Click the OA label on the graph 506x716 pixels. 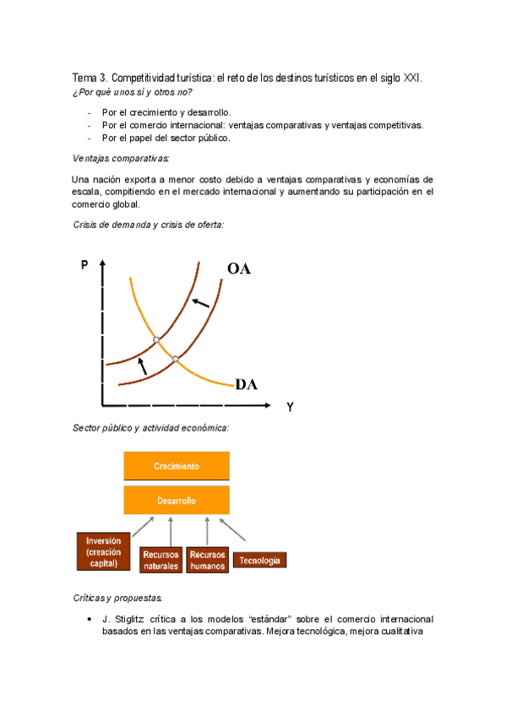point(245,269)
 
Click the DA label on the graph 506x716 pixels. point(247,385)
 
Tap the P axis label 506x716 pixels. point(84,265)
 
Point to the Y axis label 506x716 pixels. point(291,407)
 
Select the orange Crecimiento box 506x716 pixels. point(177,466)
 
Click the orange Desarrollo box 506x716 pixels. point(177,500)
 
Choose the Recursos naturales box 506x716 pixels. point(161,560)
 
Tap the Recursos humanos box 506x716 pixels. point(208,560)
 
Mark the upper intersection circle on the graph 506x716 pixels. point(156,340)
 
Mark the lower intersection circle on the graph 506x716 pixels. point(176,360)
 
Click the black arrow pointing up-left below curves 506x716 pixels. point(141,365)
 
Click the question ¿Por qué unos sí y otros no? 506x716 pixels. point(133,91)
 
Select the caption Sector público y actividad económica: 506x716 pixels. point(151,428)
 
